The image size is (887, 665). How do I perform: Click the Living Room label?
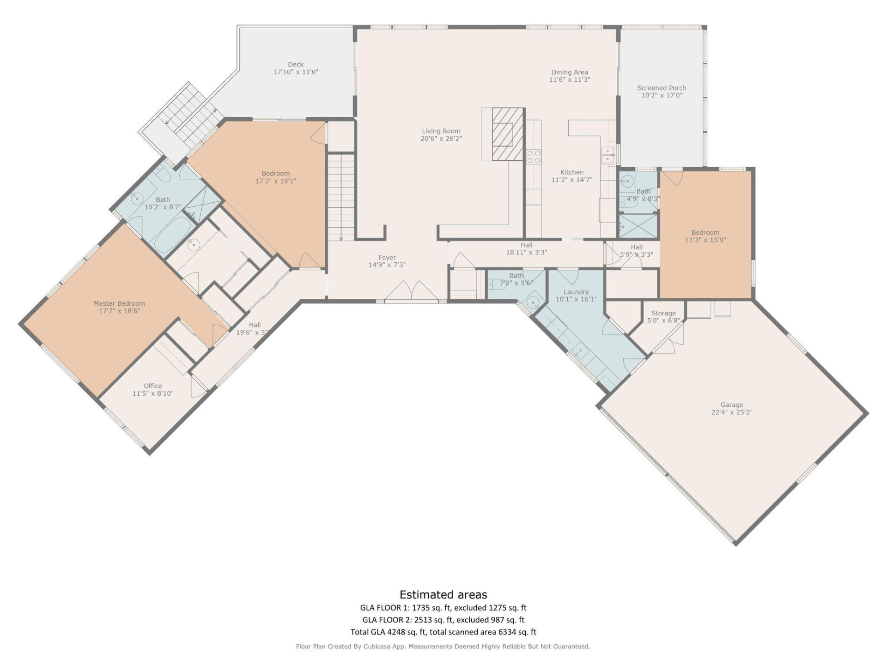coord(441,131)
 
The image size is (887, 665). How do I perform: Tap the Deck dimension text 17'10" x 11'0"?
coord(296,72)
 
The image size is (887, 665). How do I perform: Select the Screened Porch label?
coord(662,88)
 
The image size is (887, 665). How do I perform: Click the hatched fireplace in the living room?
coord(508,134)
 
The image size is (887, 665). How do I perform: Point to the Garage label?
coord(731,405)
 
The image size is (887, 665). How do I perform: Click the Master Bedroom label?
coord(119,303)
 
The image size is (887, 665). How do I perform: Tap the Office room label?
coord(152,386)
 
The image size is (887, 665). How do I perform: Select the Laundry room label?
coord(576,292)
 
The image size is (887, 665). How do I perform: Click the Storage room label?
coord(663,313)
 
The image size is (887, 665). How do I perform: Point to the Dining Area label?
coord(569,72)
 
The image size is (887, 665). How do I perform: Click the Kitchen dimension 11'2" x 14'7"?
coord(571,180)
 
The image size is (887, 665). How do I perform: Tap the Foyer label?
coord(387,258)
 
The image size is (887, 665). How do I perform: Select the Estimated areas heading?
coord(443,594)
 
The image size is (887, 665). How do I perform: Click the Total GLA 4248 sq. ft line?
coord(443,632)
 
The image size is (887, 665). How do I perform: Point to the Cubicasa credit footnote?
coord(443,647)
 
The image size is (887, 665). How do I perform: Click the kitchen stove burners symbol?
coord(534,157)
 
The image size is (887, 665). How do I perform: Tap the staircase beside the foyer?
coord(341,196)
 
